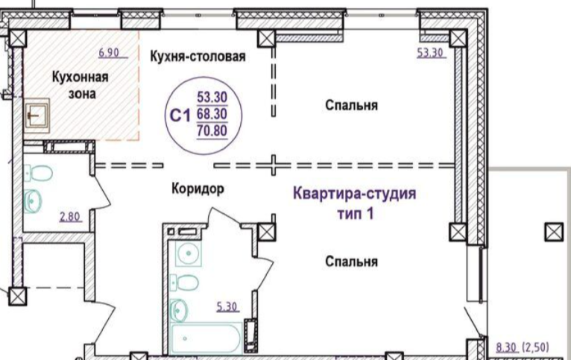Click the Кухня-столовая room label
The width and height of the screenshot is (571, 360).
198,57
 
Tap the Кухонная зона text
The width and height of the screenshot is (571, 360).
80,86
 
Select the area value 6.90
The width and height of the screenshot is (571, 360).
109,53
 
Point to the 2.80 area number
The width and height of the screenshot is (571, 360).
69,217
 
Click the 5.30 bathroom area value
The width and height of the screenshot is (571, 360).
227,307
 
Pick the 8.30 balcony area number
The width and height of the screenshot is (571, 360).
506,347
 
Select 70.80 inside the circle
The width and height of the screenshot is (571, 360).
212,130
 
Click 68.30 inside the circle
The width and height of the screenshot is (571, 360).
212,114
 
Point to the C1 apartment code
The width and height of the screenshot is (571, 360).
180,116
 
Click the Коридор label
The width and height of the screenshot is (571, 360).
198,189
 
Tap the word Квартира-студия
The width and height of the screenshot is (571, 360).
354,194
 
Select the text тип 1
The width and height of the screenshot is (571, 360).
356,213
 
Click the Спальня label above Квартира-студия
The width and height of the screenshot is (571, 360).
351,106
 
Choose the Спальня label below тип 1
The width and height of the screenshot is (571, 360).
351,262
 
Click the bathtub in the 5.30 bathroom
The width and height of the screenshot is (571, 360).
206,338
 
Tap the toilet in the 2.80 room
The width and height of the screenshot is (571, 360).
38,173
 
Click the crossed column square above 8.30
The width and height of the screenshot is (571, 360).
554,232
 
